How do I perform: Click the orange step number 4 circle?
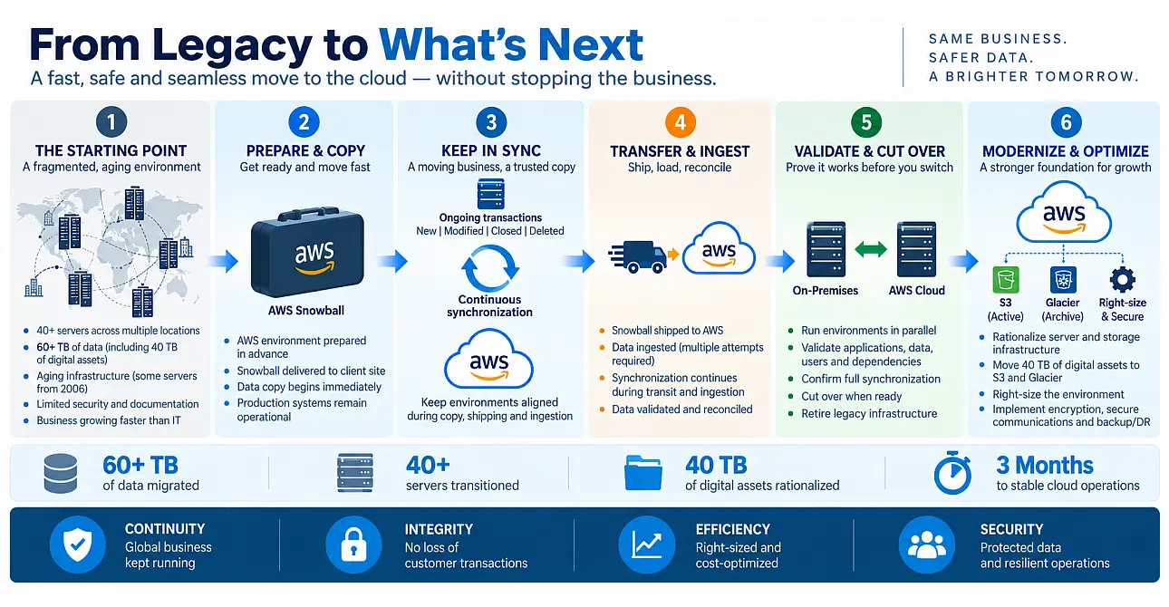pyautogui.click(x=680, y=122)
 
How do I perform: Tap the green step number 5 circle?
pyautogui.click(x=866, y=122)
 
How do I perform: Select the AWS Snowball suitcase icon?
pyautogui.click(x=307, y=253)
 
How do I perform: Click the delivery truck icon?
pyautogui.click(x=637, y=256)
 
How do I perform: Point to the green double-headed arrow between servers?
pyautogui.click(x=871, y=249)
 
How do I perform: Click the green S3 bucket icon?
pyautogui.click(x=1005, y=280)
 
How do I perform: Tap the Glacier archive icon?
pyautogui.click(x=1063, y=280)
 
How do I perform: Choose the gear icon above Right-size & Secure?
pyautogui.click(x=1123, y=280)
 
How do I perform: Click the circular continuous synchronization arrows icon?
pyautogui.click(x=490, y=268)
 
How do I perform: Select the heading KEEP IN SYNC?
pyautogui.click(x=491, y=150)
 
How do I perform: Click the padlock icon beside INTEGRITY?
pyautogui.click(x=353, y=544)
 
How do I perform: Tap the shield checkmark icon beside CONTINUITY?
pyautogui.click(x=78, y=544)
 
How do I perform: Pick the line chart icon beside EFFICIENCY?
pyautogui.click(x=647, y=544)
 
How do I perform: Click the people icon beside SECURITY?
pyautogui.click(x=927, y=544)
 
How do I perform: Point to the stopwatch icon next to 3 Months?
pyautogui.click(x=952, y=472)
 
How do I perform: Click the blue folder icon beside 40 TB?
pyautogui.click(x=643, y=472)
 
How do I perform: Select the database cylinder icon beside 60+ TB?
pyautogui.click(x=61, y=474)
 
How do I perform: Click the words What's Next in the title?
pyautogui.click(x=511, y=45)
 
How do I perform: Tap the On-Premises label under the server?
pyautogui.click(x=825, y=290)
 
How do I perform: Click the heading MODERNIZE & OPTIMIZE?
pyautogui.click(x=1065, y=151)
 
